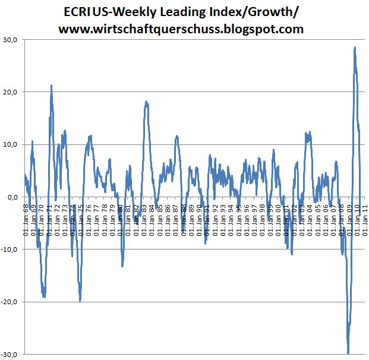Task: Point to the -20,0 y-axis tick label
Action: point(10,302)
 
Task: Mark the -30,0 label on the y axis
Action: point(10,354)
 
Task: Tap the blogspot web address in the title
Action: point(185,27)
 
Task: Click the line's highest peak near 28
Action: point(355,48)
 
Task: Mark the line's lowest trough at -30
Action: point(348,353)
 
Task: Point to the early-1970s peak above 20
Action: point(52,86)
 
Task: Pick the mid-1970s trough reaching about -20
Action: point(80,301)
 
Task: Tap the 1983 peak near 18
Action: point(147,102)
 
